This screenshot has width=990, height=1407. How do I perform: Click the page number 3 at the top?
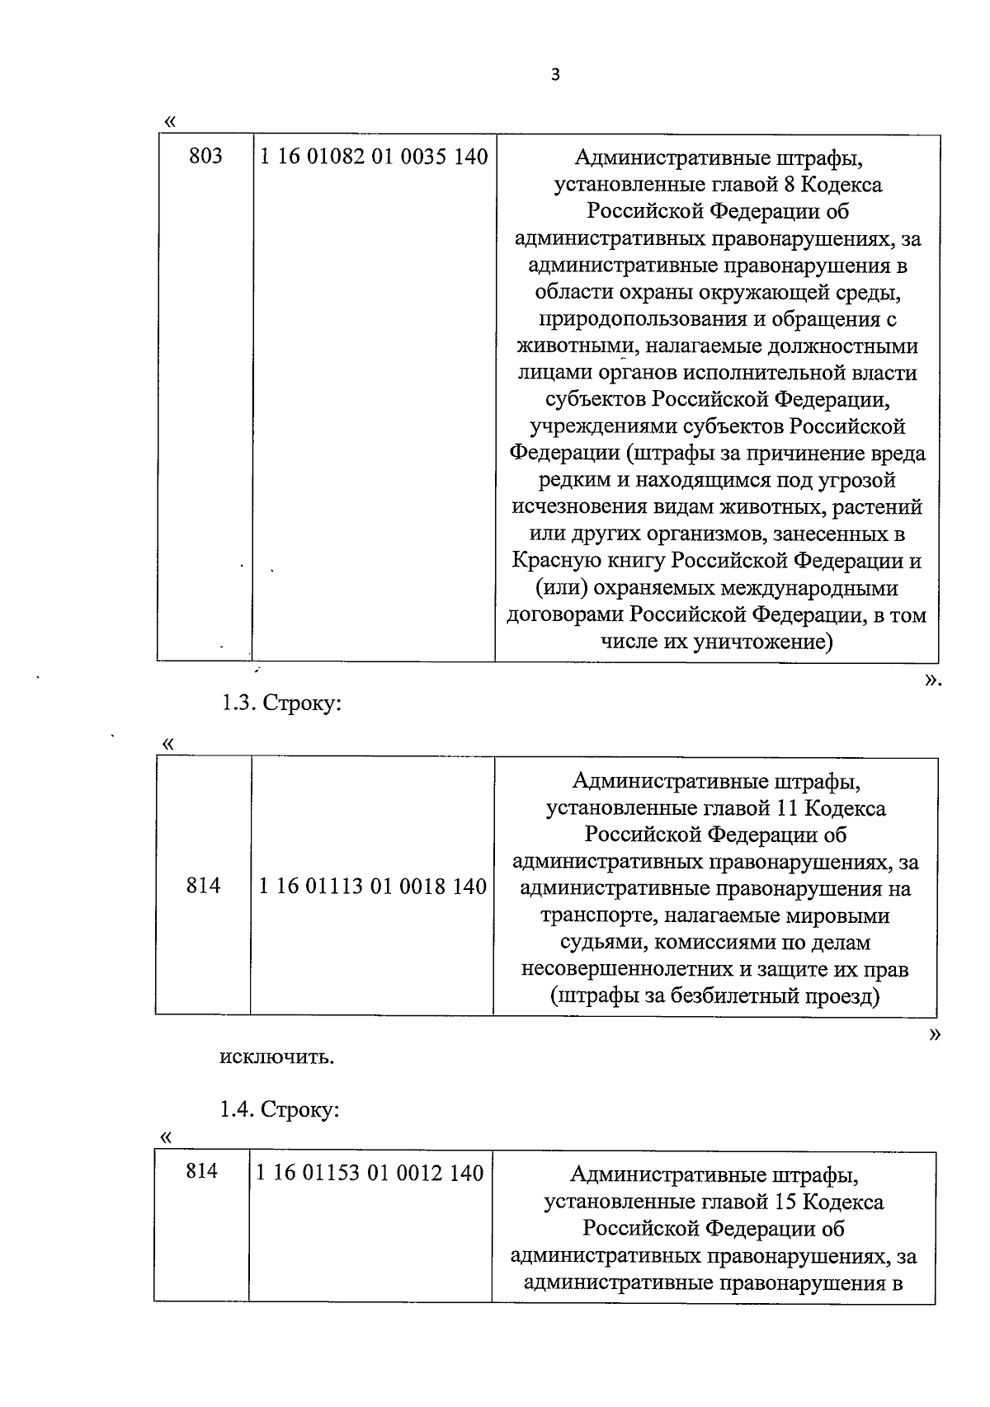coord(554,75)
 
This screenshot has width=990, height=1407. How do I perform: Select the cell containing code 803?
coord(205,156)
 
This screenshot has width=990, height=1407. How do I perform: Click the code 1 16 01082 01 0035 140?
coord(374,156)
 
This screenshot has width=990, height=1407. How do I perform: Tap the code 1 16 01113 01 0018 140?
coord(372,887)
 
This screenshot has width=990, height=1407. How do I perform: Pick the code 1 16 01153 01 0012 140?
coord(370,1173)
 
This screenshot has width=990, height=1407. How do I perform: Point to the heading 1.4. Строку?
coord(279,1109)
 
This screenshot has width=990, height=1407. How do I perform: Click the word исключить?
coord(276,1056)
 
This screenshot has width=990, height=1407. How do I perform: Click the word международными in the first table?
coord(809,588)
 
